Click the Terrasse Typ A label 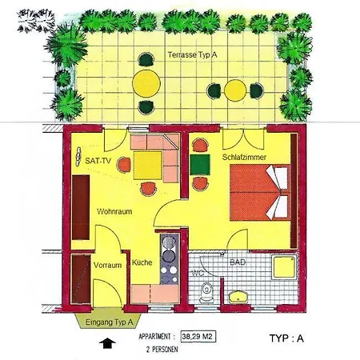pos(192,55)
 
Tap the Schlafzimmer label pos(244,157)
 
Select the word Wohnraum pos(114,212)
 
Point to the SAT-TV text pos(98,161)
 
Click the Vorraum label pos(107,266)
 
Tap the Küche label pos(142,262)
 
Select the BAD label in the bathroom pos(238,262)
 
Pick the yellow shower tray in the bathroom pos(284,267)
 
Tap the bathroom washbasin pos(238,297)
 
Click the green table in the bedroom pos(200,165)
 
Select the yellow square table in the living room pos(147,166)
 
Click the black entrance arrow pos(107,343)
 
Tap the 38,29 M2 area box pos(198,337)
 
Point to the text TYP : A pos(286,338)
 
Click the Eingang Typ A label pos(110,322)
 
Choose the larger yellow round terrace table pos(146,83)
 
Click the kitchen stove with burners pos(170,259)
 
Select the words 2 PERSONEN pos(162,350)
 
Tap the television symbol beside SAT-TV pos(78,157)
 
